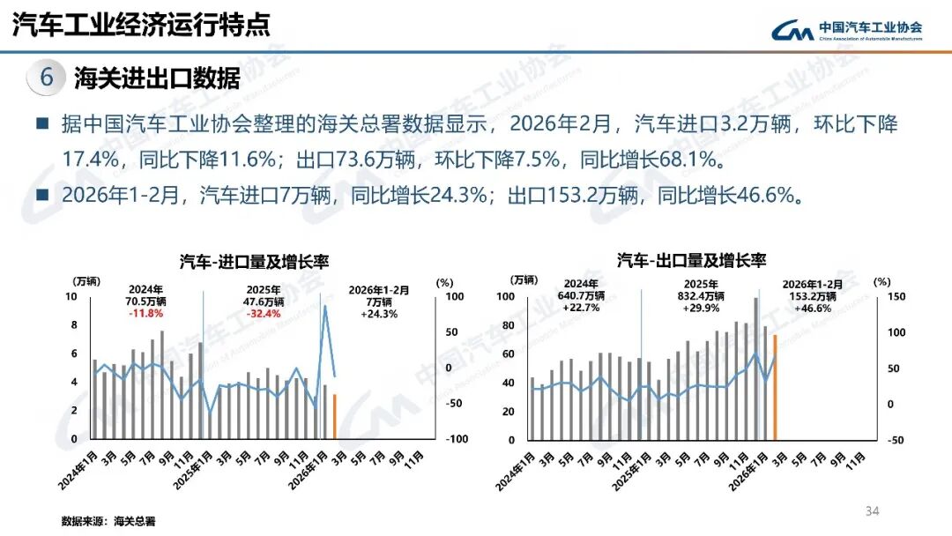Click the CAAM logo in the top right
pos(846,30)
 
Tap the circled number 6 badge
pos(47,78)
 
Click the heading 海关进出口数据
pos(157,78)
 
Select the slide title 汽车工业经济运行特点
pos(141,24)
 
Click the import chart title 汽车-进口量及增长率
pos(248,262)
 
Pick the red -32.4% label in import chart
pos(264,313)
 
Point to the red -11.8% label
pos(145,313)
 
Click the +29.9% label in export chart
pos(702,309)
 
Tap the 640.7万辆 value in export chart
pos(580,295)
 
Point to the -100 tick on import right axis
pos(456,439)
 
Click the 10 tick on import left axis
pos(72,296)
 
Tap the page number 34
pos(873,511)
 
